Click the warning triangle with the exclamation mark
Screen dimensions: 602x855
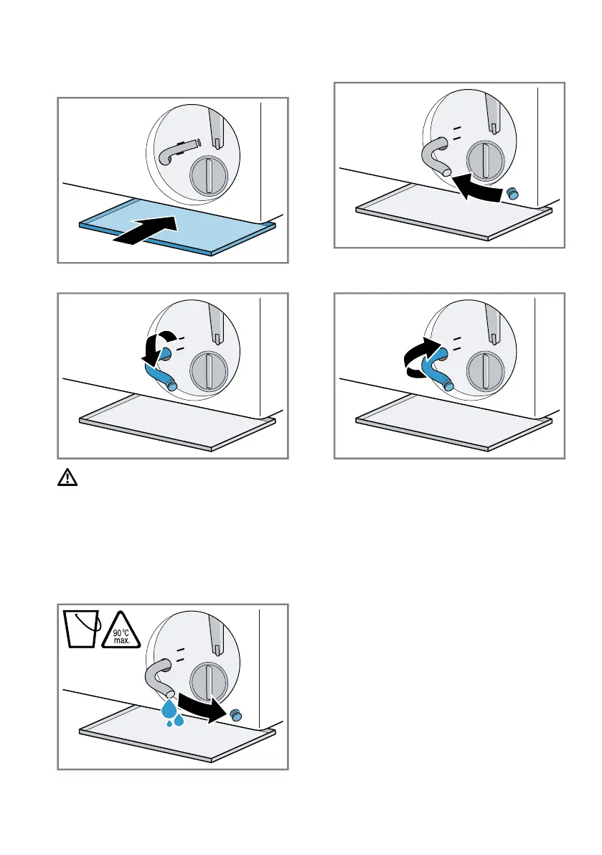point(67,477)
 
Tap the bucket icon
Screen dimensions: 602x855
point(81,629)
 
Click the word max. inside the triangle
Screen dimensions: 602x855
point(121,640)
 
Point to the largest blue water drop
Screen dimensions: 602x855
point(169,709)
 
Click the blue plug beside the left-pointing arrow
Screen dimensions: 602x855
point(512,193)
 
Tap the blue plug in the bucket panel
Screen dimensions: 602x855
point(236,716)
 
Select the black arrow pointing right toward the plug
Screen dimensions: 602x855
point(202,707)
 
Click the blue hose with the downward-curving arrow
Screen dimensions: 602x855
point(161,371)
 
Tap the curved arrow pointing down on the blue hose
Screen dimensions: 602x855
point(156,348)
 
